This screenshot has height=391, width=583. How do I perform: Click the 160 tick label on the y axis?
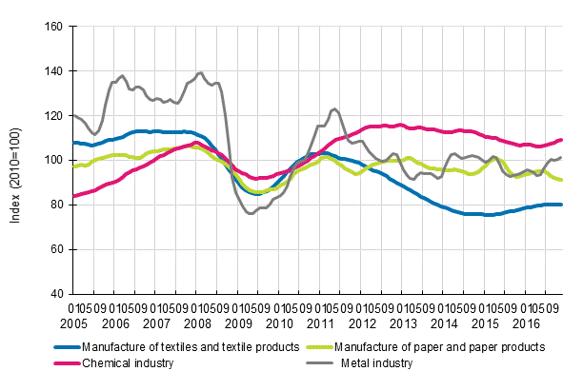point(53,27)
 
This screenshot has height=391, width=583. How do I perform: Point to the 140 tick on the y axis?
point(53,71)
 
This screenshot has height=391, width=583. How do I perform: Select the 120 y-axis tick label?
point(53,116)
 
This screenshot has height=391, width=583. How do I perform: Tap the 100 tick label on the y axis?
point(53,160)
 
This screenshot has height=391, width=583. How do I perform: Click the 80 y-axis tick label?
point(56,205)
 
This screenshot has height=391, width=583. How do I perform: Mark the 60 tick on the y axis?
point(56,249)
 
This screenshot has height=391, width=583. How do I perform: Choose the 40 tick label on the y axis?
point(56,294)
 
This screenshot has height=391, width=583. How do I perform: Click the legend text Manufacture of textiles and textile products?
point(176,347)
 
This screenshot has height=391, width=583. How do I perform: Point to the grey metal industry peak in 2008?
point(199,72)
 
